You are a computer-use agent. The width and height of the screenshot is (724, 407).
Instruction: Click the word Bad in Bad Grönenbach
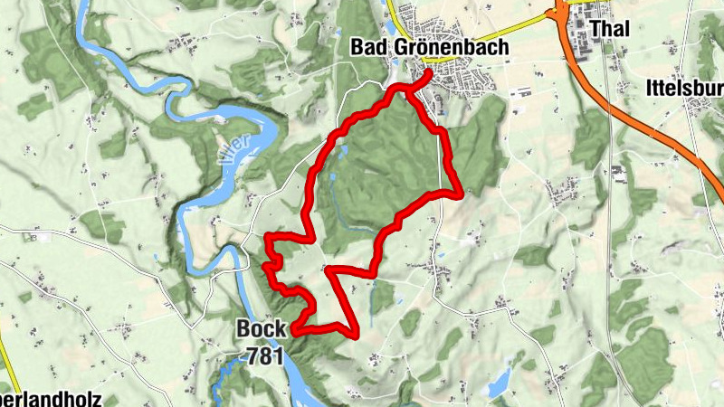pos(370,47)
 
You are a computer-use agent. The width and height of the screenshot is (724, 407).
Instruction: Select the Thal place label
pos(608,31)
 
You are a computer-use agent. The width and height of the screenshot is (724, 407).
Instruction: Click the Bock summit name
pos(262,329)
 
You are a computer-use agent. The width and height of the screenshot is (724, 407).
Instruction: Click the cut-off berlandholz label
pos(51,399)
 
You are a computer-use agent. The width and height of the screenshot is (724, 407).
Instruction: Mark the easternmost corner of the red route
pos(462,193)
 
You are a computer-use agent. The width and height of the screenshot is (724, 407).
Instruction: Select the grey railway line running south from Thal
pos(612,226)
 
